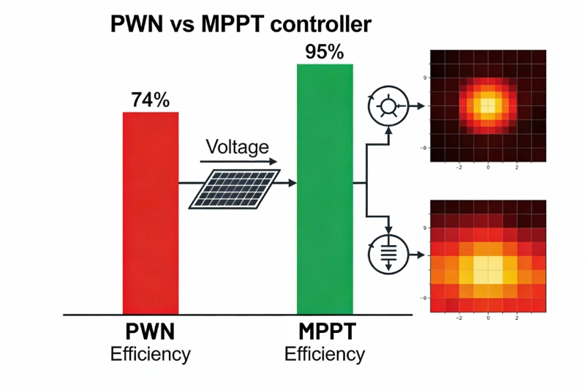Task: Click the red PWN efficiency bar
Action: [x=150, y=212]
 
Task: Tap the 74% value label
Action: [x=151, y=100]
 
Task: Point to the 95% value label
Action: [x=325, y=52]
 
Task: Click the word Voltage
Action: [x=238, y=146]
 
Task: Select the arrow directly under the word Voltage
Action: [x=238, y=162]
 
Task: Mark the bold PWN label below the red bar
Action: [x=150, y=331]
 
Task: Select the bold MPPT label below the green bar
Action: [x=324, y=331]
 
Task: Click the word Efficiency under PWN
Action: [x=150, y=354]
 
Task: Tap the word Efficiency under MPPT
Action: [x=324, y=354]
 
